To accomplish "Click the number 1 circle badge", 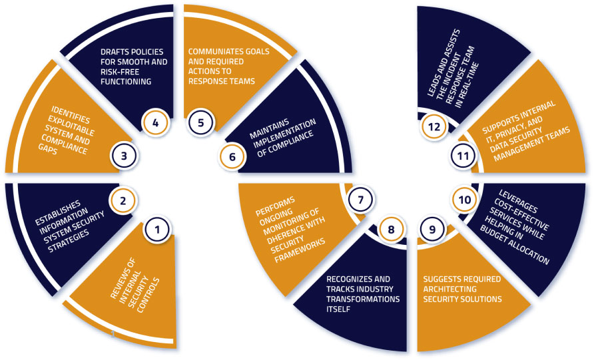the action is (x=157, y=229).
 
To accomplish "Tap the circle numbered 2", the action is (x=123, y=201).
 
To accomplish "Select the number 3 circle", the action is (x=123, y=156).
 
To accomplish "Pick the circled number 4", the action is (x=155, y=122).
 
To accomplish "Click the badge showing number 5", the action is (x=201, y=122).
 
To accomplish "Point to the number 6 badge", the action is (x=232, y=156).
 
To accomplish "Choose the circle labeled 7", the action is (x=360, y=200).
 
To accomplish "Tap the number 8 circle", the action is (x=392, y=229).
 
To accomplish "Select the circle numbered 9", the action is (x=432, y=229).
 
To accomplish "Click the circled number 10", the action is (x=464, y=200).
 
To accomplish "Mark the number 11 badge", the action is (x=463, y=156).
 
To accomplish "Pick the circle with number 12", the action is (x=434, y=126).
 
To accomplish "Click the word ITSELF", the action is (x=338, y=309).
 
